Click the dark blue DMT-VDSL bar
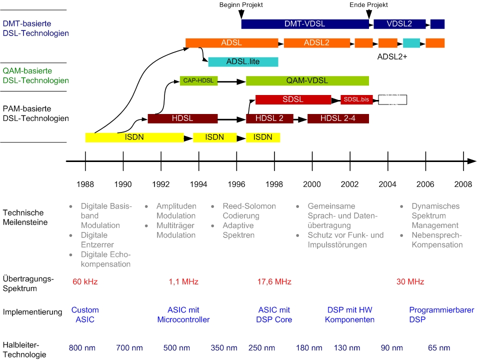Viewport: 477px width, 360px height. click(x=305, y=24)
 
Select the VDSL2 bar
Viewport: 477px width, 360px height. click(x=399, y=24)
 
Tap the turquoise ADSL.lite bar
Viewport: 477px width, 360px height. click(x=243, y=62)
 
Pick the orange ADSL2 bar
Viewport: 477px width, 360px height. click(x=316, y=43)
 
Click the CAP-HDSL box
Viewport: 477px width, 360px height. click(x=199, y=81)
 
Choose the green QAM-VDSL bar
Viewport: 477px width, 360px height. click(x=307, y=81)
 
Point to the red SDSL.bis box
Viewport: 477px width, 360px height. click(x=356, y=99)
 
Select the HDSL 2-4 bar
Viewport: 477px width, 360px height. click(x=338, y=118)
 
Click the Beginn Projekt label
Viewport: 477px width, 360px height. click(x=241, y=4)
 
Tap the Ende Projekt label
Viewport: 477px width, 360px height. click(x=368, y=4)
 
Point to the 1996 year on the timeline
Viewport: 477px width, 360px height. click(x=236, y=184)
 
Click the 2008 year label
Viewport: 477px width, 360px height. click(x=463, y=184)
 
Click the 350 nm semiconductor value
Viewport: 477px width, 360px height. click(x=224, y=348)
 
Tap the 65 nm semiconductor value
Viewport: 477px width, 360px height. click(x=439, y=348)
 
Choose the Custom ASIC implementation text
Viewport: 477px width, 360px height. click(x=85, y=315)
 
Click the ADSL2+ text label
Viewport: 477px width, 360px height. click(x=392, y=57)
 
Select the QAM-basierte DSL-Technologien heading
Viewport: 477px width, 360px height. click(x=35, y=76)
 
